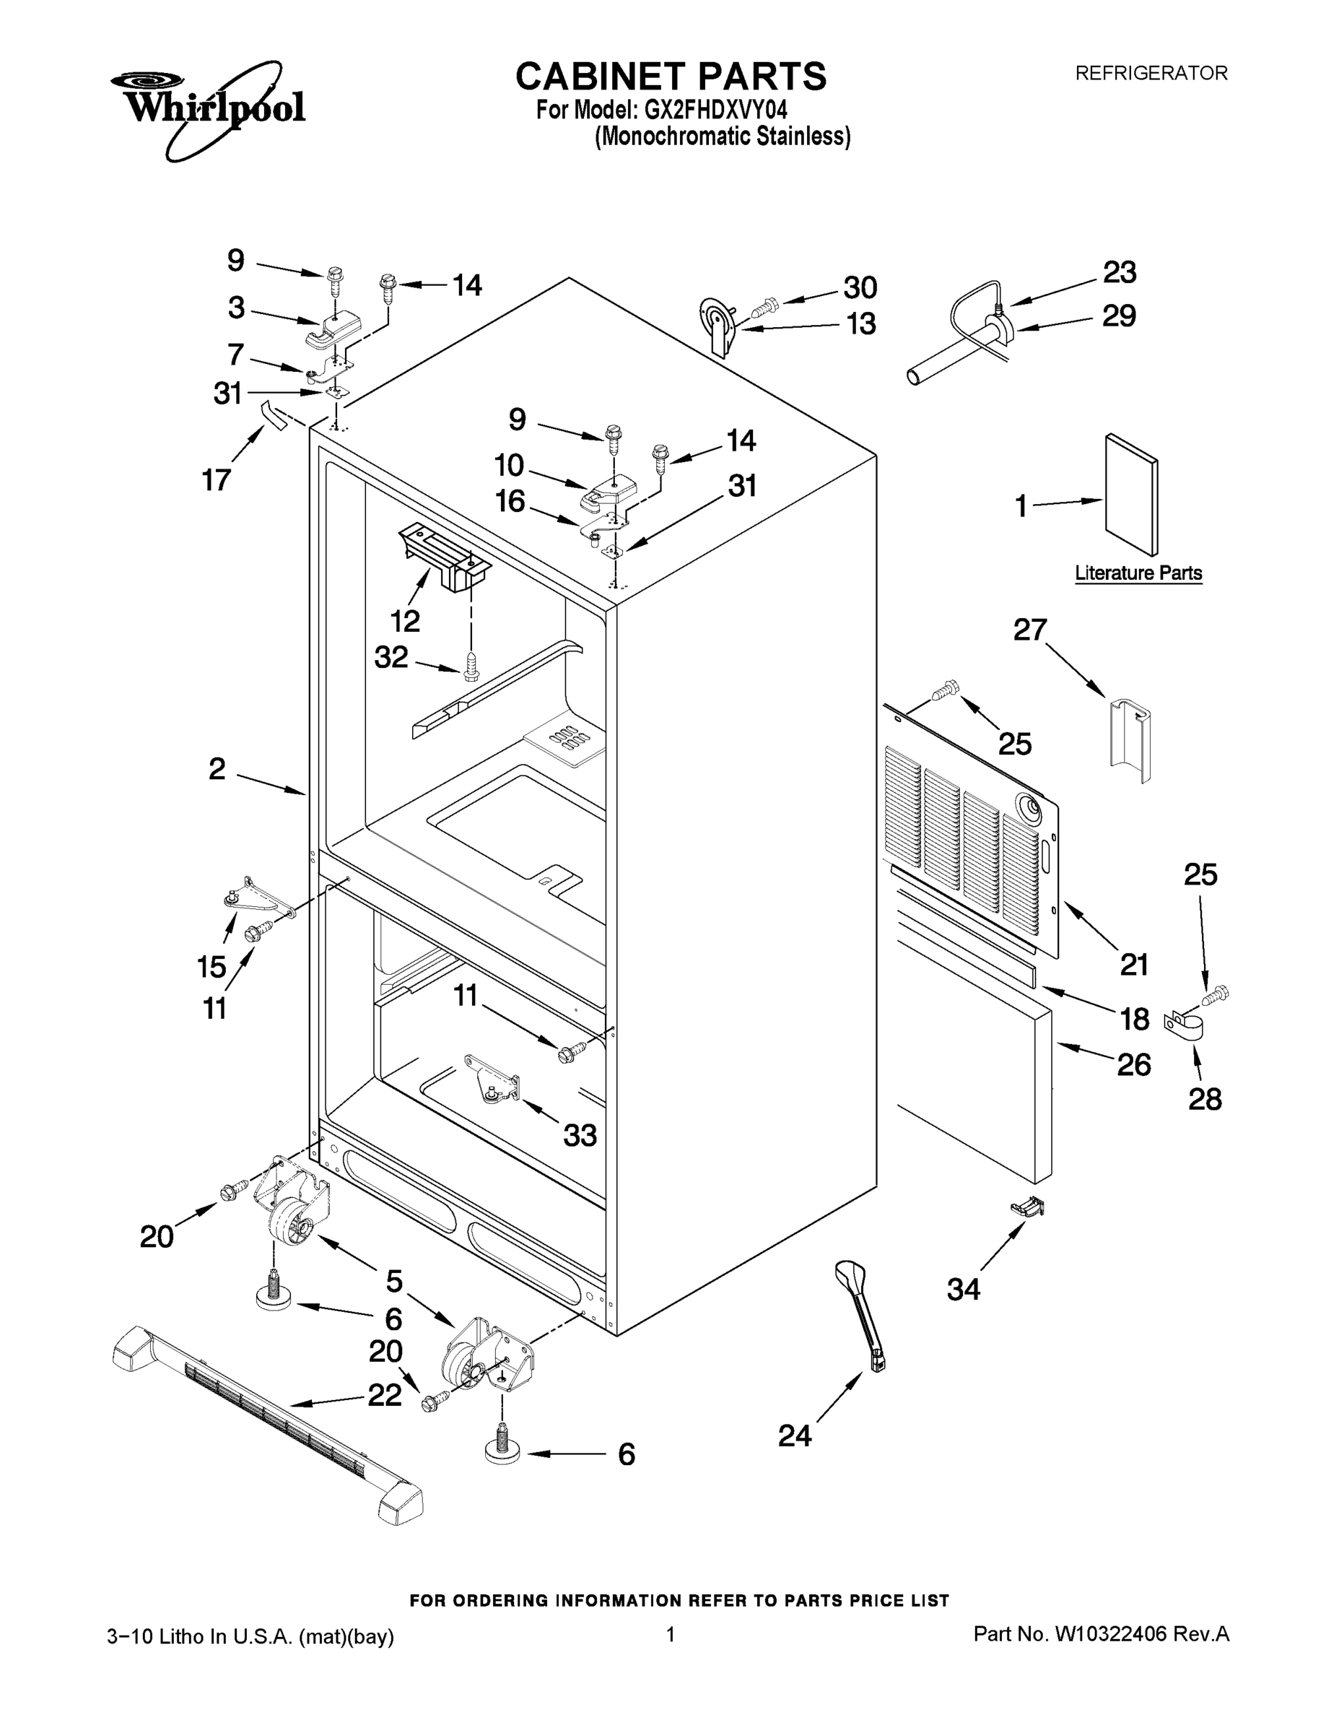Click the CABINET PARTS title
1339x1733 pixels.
pyautogui.click(x=671, y=77)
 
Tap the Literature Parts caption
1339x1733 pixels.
pyautogui.click(x=1138, y=573)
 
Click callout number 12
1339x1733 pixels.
pyautogui.click(x=406, y=621)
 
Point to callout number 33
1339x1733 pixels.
pyautogui.click(x=580, y=1136)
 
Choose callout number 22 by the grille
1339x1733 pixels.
pyautogui.click(x=385, y=1394)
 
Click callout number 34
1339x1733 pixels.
pyautogui.click(x=964, y=1290)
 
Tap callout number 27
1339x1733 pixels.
pyautogui.click(x=1029, y=630)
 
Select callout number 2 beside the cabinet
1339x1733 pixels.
pyautogui.click(x=217, y=769)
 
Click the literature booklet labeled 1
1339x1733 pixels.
pyautogui.click(x=1131, y=495)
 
